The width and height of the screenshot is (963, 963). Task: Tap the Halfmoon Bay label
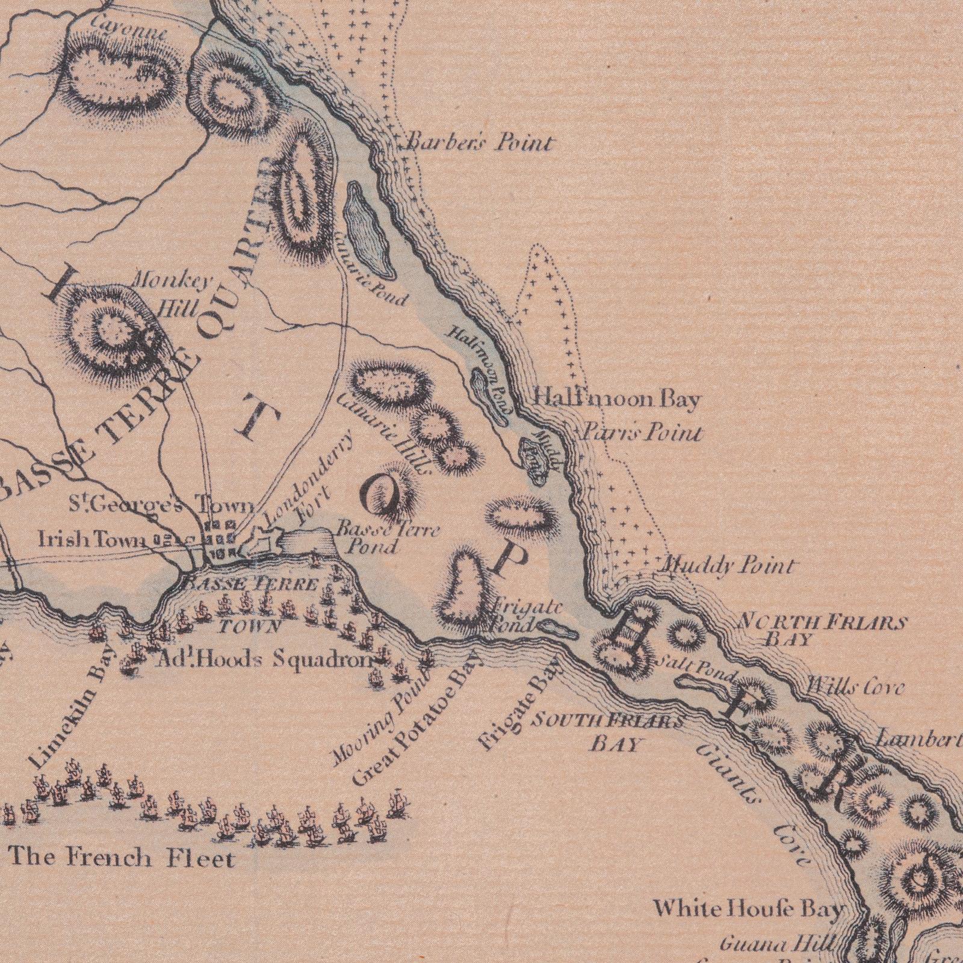click(618, 399)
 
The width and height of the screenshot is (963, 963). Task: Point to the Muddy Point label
click(728, 566)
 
